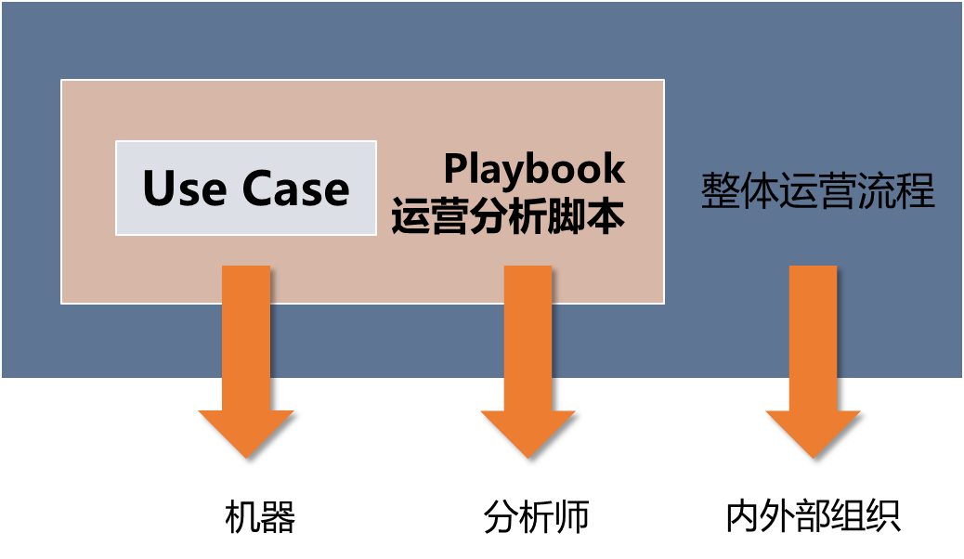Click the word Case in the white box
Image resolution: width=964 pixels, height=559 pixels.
(x=296, y=188)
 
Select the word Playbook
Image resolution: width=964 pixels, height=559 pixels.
(x=534, y=169)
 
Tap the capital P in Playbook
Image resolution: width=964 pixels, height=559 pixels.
(x=455, y=169)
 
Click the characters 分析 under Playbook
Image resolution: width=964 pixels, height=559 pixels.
(x=508, y=217)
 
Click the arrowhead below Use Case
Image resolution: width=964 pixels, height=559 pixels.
(x=246, y=432)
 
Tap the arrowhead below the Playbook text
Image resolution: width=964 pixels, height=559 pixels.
(x=528, y=432)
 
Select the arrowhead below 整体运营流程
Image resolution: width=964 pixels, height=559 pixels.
(x=813, y=432)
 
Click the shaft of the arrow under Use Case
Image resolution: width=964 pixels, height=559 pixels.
(x=246, y=334)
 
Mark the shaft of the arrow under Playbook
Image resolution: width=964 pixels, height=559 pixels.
(x=528, y=334)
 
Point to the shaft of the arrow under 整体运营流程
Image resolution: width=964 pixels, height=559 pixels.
(x=813, y=334)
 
